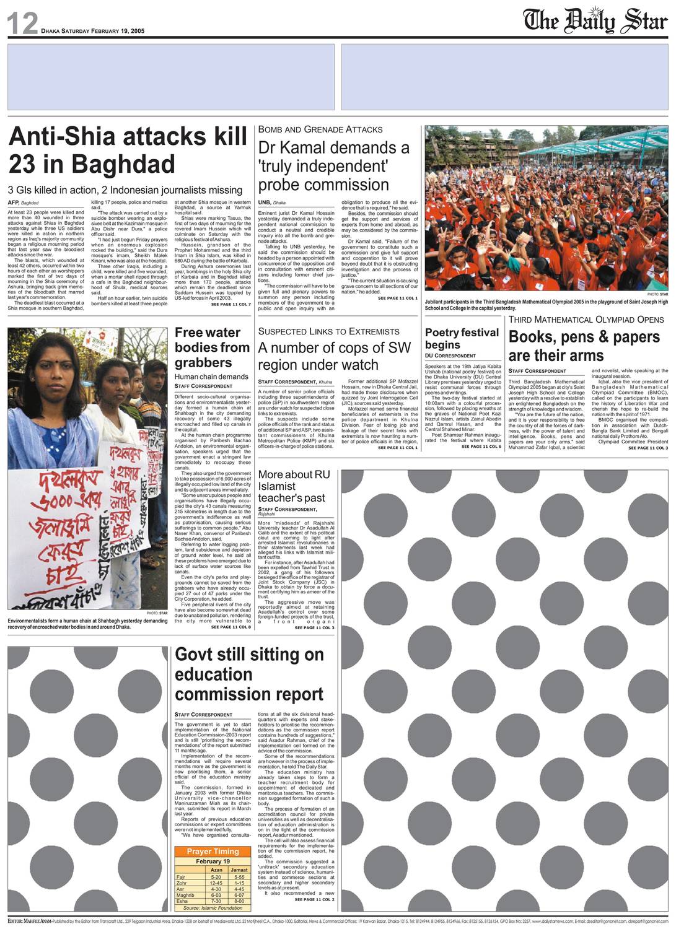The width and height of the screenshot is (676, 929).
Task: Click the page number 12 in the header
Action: pos(22,24)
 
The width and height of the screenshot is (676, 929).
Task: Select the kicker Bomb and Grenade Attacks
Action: pos(320,129)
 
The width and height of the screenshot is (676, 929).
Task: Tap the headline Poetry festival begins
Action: pos(462,338)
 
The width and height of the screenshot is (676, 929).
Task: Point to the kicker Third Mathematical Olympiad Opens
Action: pos(586,320)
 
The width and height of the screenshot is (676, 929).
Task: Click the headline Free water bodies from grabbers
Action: pos(212,347)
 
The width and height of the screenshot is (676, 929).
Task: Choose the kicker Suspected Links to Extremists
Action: pos(328,331)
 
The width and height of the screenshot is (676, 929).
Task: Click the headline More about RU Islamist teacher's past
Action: pos(294,486)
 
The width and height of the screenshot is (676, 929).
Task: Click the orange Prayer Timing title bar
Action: pos(213,852)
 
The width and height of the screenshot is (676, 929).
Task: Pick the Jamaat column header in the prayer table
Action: pos(239,870)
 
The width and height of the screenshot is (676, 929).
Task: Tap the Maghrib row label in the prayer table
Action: pos(185,895)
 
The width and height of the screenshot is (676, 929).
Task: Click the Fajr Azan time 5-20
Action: pos(216,877)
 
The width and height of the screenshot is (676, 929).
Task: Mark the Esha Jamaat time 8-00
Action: pos(239,901)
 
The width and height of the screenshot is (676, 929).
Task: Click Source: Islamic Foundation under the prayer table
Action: pos(213,908)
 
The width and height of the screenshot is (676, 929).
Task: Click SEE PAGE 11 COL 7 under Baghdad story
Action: pos(230,304)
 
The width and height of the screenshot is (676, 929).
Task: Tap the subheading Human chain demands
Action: pos(211,377)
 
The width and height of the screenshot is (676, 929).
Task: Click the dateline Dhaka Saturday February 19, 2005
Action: pos(92,31)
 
